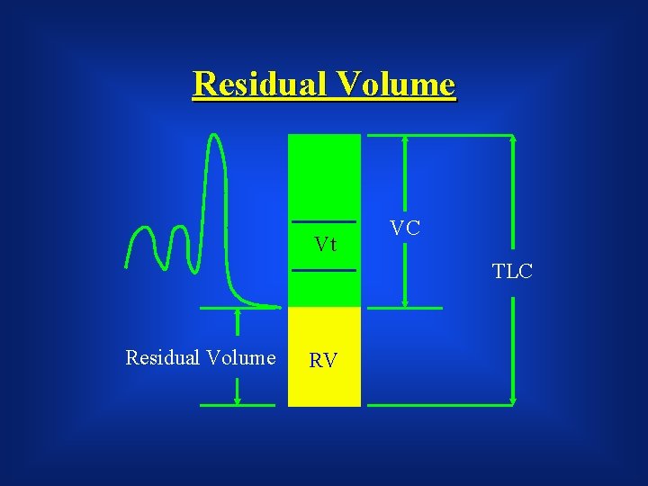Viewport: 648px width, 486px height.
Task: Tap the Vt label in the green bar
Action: click(x=325, y=244)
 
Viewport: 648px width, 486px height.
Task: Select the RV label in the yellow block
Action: click(x=323, y=362)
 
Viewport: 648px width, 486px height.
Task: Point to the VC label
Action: click(x=405, y=228)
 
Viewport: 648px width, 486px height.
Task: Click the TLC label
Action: click(x=512, y=271)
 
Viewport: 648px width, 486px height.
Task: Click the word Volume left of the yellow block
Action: click(x=241, y=358)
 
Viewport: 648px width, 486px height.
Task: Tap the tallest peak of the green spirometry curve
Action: click(x=214, y=137)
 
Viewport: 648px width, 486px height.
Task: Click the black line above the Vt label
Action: click(x=324, y=221)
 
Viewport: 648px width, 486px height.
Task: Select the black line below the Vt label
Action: click(x=324, y=270)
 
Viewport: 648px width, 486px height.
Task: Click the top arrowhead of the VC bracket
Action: click(x=405, y=139)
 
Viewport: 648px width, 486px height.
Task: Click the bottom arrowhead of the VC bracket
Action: click(x=405, y=304)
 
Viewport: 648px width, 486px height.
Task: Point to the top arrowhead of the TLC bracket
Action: click(x=512, y=139)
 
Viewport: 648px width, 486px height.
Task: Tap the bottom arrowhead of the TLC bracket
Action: click(x=512, y=401)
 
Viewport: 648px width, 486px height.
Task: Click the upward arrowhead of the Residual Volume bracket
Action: click(x=238, y=311)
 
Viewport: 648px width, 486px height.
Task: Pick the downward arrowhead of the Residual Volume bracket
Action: click(x=238, y=401)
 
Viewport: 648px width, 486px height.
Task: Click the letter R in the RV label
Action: click(x=316, y=362)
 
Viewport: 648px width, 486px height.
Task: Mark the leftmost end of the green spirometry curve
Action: click(x=127, y=266)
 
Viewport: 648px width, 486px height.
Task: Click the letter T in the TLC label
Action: click(x=499, y=271)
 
